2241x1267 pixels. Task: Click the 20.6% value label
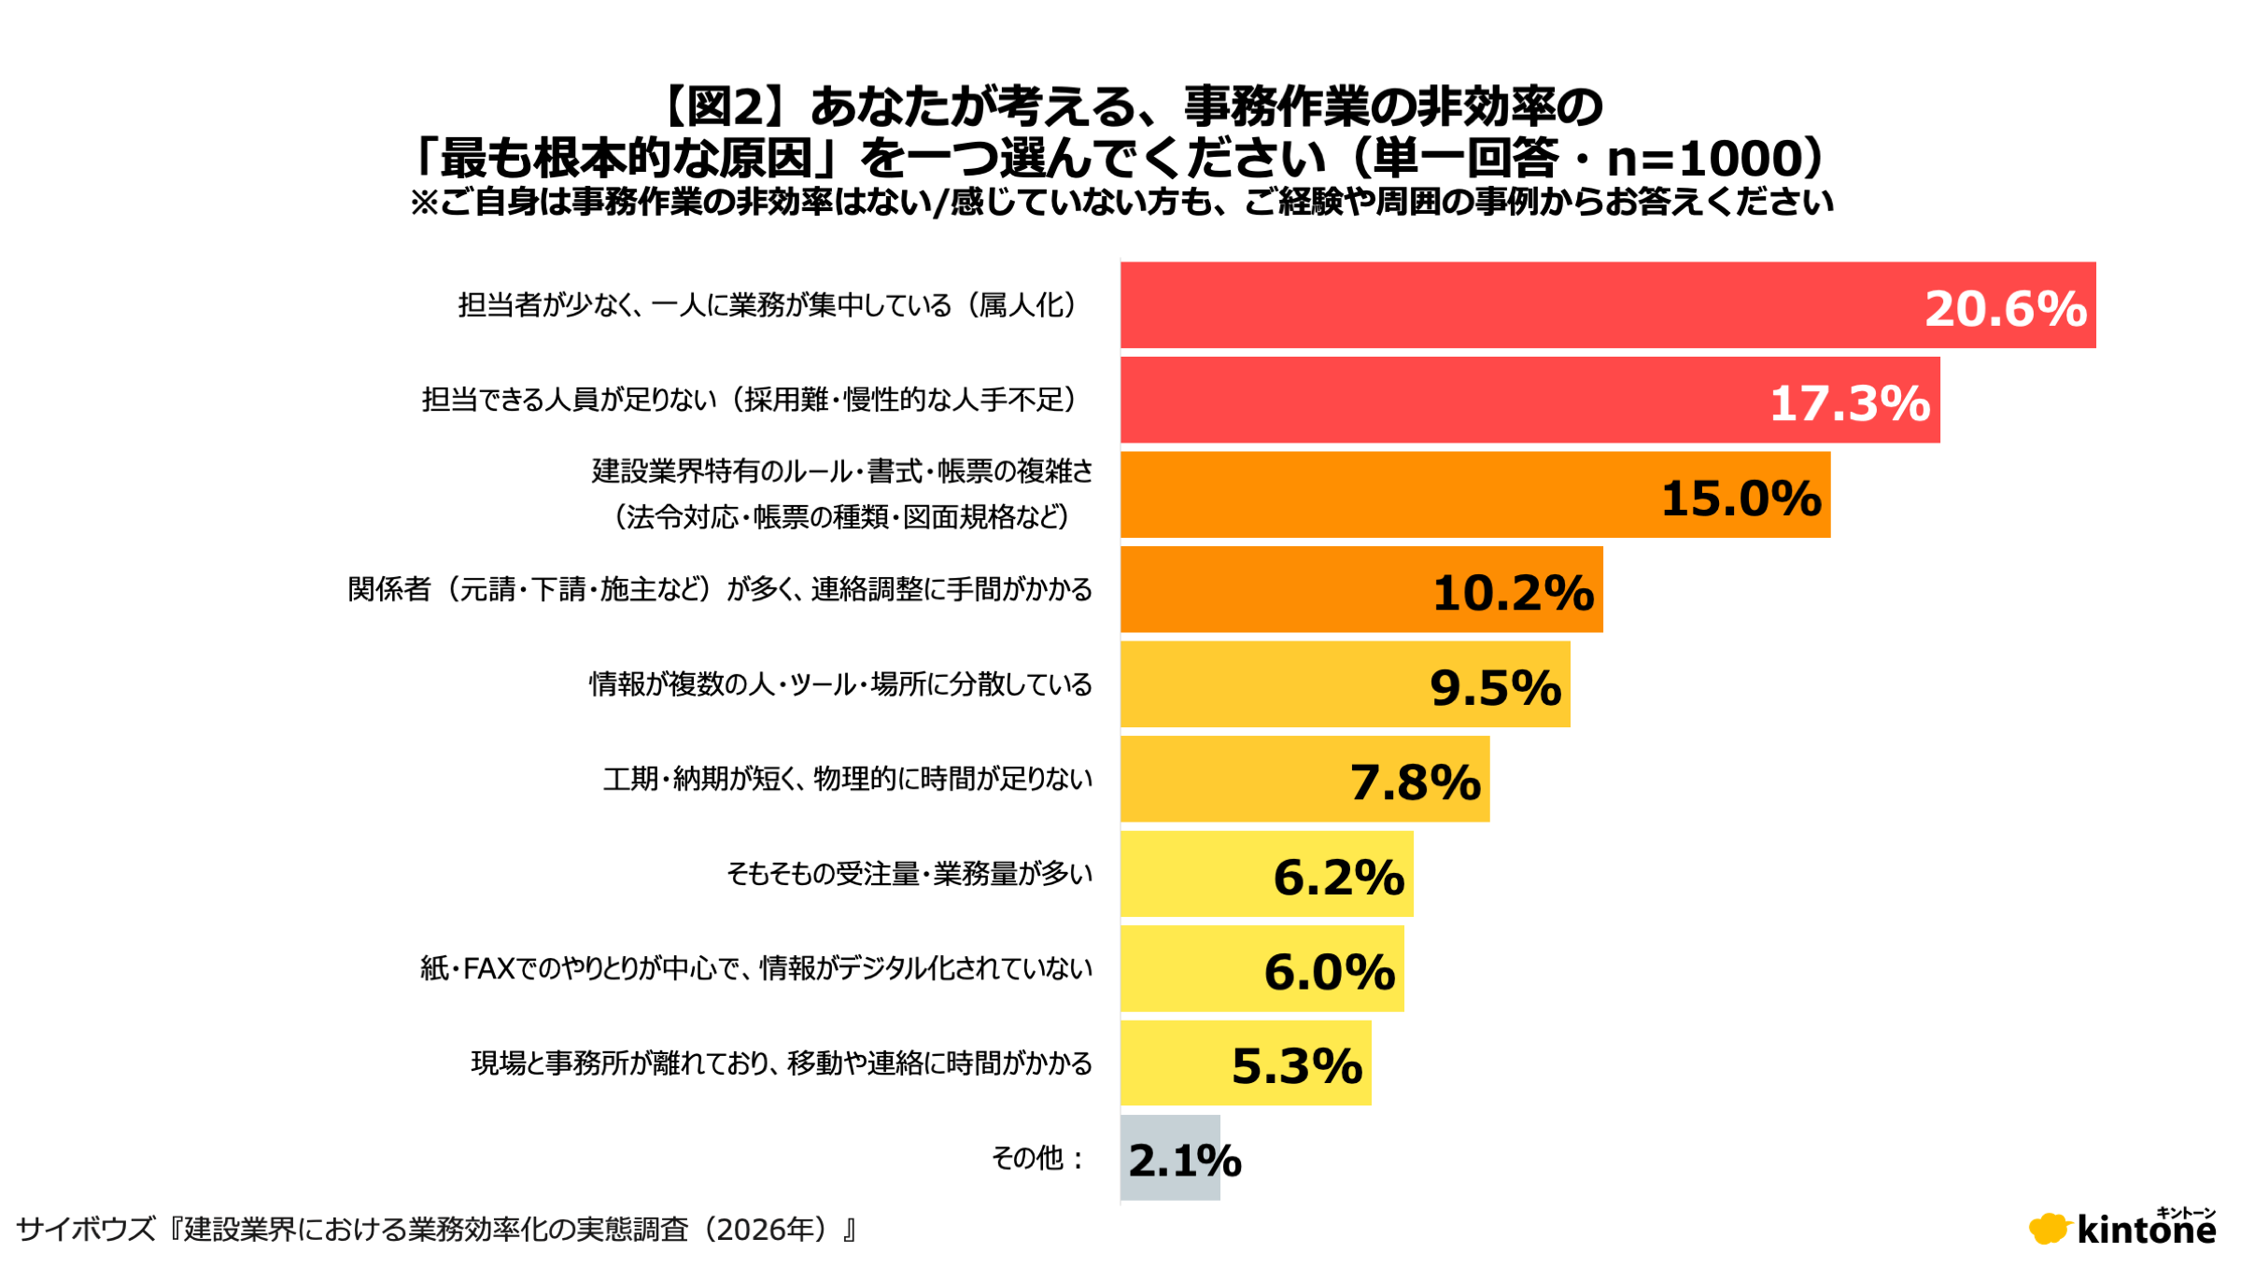click(2005, 309)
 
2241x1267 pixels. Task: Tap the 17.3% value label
click(1850, 403)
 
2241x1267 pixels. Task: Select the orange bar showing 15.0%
click(1475, 495)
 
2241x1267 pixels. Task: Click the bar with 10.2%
click(1361, 589)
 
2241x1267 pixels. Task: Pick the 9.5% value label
click(1496, 687)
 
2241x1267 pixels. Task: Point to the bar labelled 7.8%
click(1304, 779)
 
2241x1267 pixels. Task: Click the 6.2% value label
click(1339, 877)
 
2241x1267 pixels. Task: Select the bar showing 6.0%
click(1261, 968)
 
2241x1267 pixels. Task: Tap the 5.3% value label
click(1297, 1066)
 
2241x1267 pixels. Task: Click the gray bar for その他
click(1170, 1158)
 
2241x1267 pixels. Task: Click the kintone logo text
click(2147, 1230)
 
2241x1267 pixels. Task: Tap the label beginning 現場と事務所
click(782, 1063)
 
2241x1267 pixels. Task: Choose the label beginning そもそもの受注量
click(909, 874)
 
